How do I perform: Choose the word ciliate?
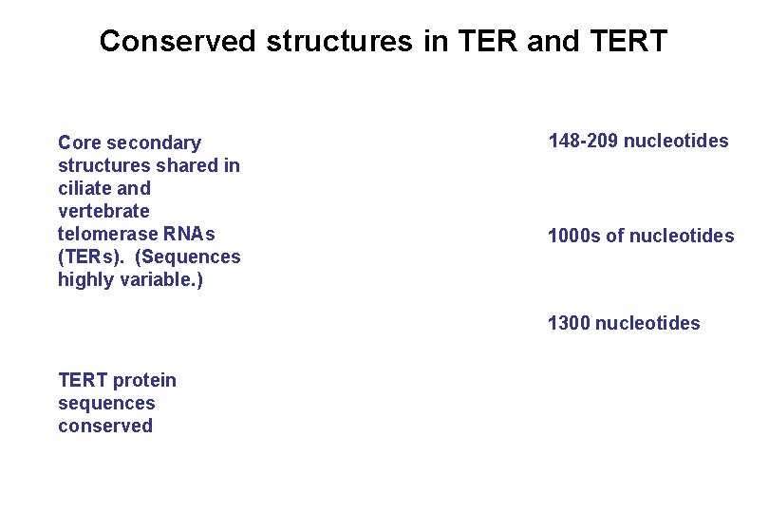[84, 189]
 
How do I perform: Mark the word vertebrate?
[103, 212]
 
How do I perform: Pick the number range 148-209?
[583, 142]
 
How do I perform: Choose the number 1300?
[569, 324]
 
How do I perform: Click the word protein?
[144, 381]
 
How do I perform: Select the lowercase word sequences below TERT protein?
[106, 404]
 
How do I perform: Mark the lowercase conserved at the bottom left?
[105, 427]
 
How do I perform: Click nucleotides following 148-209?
[676, 142]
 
